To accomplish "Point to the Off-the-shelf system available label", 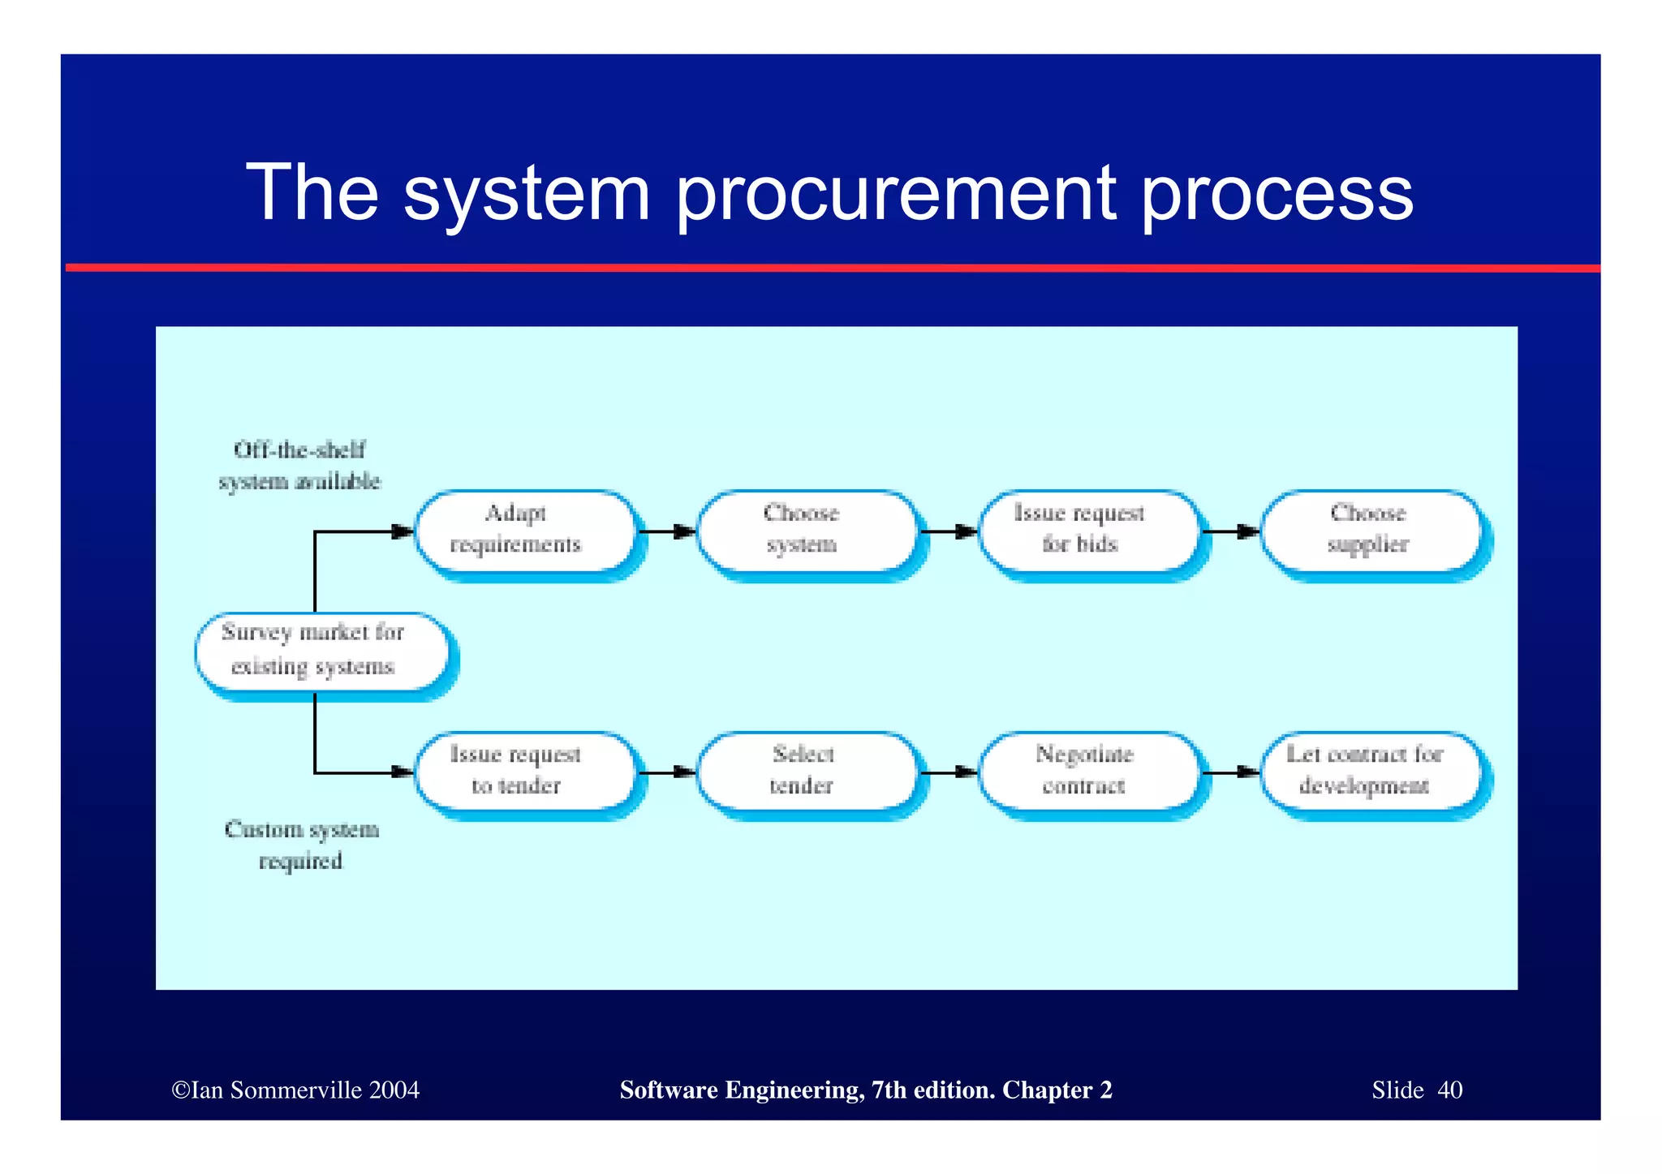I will point(299,466).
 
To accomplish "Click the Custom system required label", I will point(301,845).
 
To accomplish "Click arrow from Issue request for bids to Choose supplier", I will point(1230,532).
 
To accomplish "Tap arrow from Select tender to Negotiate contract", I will point(949,772).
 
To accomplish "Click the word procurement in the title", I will point(896,193).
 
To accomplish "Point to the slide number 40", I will point(1449,1090).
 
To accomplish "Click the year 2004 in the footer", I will point(394,1090).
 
